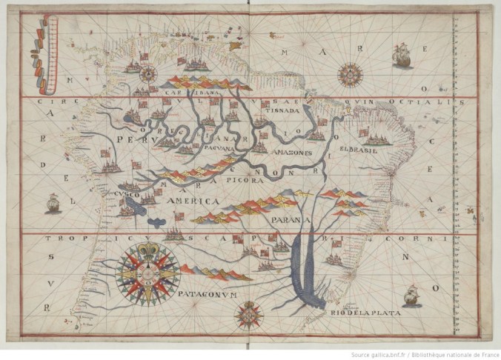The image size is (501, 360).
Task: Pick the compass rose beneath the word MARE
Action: click(349, 73)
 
